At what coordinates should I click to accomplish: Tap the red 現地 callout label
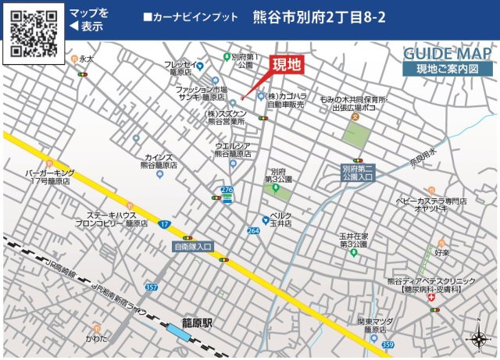pos(286,66)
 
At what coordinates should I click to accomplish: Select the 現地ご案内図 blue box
pos(448,69)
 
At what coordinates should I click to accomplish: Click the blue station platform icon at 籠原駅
pos(179,333)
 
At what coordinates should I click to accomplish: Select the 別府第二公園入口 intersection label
pos(358,173)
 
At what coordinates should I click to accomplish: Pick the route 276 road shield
pos(227,190)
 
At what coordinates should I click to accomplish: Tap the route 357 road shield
pos(152,288)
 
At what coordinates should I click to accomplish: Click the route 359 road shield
pos(388,344)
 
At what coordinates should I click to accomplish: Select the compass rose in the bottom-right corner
pos(478,338)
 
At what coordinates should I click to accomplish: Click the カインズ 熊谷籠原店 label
pos(159,162)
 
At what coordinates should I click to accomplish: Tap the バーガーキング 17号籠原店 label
pos(48,176)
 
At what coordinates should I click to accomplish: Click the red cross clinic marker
pos(432,298)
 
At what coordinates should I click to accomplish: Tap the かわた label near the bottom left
pos(97,339)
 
